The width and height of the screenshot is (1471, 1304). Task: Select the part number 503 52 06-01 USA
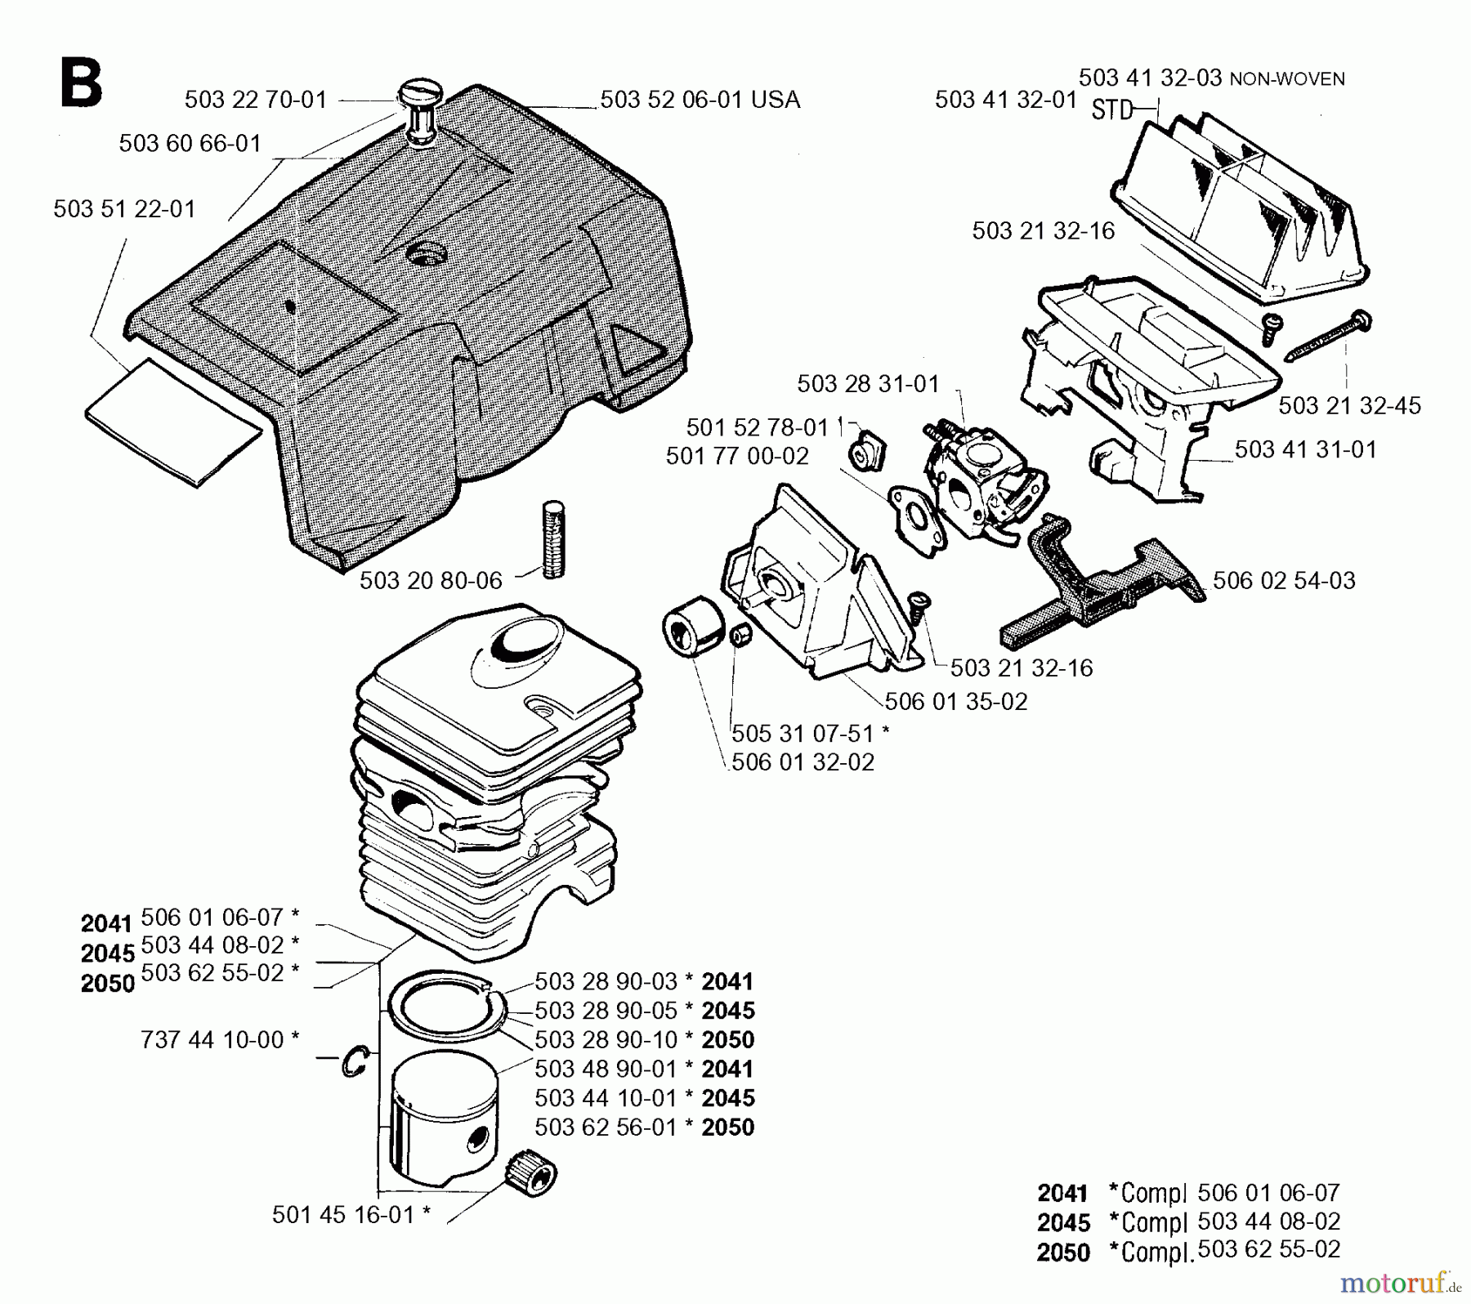tap(700, 100)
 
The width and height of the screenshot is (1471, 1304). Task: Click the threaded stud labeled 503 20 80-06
tap(553, 540)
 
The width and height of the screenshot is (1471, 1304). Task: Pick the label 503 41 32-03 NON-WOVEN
tap(1211, 78)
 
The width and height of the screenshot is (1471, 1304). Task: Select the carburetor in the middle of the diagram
tap(973, 482)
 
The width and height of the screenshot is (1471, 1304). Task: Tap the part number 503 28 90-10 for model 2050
tap(606, 1039)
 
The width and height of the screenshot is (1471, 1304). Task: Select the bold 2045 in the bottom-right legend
tap(1063, 1223)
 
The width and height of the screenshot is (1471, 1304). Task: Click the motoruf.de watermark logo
tap(1400, 1283)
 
